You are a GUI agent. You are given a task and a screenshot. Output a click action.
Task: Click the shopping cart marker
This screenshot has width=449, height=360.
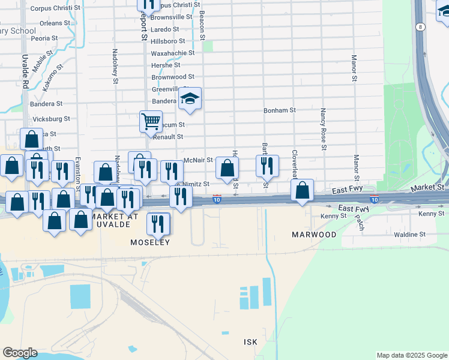(151, 121)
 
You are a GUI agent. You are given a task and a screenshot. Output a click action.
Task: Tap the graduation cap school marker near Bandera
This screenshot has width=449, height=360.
(190, 98)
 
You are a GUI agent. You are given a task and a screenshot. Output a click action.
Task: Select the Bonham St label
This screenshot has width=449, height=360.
(280, 110)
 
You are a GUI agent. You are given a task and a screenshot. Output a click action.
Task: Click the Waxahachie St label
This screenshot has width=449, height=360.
(173, 53)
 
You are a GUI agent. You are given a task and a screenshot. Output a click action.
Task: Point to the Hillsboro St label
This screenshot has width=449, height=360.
(167, 41)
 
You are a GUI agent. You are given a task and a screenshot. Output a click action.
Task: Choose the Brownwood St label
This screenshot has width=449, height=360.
(173, 77)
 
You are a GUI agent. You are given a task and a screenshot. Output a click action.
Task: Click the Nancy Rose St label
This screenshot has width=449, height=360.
(323, 129)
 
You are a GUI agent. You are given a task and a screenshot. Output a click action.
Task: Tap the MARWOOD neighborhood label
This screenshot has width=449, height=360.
(314, 235)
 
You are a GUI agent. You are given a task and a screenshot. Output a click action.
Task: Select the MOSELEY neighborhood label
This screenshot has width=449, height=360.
(151, 242)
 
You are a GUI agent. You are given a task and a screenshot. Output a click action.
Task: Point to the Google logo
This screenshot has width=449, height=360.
(20, 353)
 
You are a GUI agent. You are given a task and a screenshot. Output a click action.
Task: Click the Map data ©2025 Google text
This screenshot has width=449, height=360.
(411, 355)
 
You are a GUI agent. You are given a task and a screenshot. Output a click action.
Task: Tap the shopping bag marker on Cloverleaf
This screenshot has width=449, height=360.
(303, 190)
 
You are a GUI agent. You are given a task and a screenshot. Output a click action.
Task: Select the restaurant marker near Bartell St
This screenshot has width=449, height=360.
(267, 166)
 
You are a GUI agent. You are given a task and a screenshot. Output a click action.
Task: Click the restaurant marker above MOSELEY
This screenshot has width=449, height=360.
(158, 224)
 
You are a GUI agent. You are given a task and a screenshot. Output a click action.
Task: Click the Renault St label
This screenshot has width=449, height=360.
(167, 137)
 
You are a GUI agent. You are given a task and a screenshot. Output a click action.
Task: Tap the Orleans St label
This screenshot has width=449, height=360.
(55, 23)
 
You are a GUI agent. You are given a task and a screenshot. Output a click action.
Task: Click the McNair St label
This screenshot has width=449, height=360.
(198, 160)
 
